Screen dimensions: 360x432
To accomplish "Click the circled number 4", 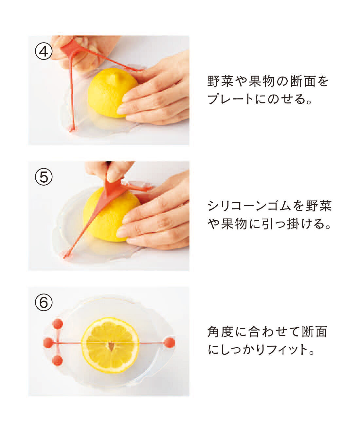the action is coord(44,52).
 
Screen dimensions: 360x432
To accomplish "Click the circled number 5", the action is coord(44,177).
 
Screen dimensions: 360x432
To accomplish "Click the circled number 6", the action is coord(44,302).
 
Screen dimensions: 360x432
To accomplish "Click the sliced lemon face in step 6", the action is coord(110,345).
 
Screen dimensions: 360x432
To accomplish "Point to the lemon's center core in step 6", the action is coord(111,346).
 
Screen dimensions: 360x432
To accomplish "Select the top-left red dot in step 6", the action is coord(58,324).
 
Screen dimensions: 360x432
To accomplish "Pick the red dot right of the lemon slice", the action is coord(169,342).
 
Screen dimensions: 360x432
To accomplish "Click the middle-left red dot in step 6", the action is coord(48,343).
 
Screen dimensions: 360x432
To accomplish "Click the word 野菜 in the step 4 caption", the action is coord(221,81).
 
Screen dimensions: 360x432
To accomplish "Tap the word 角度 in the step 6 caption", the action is coord(221,332).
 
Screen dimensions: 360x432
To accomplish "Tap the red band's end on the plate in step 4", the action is coord(72,129).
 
